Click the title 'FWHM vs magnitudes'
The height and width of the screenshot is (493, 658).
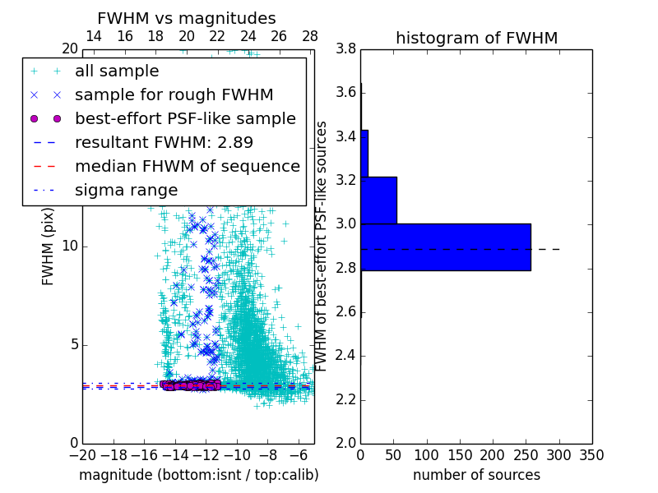point(187,18)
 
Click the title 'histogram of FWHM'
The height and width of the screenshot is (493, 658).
point(476,38)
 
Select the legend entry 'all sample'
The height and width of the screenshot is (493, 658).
point(117,71)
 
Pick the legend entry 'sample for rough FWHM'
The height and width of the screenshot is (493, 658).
point(174,94)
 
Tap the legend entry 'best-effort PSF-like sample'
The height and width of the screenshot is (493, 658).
point(185,118)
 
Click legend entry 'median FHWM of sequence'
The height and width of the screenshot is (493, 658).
point(187,166)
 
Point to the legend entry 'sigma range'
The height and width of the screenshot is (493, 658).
point(126,190)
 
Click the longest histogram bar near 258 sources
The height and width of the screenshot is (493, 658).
point(445,246)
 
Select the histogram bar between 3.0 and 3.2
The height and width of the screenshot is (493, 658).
point(378,200)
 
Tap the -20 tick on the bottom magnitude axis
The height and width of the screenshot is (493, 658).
point(82,454)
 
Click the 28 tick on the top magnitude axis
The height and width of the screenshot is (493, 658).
point(310,36)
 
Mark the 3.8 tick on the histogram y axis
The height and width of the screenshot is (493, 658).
point(345,48)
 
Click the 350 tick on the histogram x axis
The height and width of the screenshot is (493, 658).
point(591,454)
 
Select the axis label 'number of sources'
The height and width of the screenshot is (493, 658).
point(476,475)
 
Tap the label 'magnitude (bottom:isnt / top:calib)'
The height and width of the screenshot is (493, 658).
point(198,475)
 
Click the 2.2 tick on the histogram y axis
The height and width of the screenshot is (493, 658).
point(345,399)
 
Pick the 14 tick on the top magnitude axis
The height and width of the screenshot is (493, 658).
point(94,36)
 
